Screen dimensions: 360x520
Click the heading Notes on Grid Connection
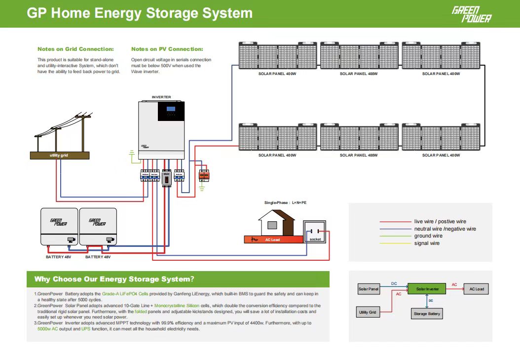pyautogui.click(x=75, y=49)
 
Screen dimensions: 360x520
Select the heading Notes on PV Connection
pyautogui.click(x=167, y=49)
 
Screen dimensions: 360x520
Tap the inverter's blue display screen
pyautogui.click(x=171, y=109)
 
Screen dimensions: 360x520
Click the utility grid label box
pyautogui.click(x=60, y=156)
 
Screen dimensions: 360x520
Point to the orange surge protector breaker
pyautogui.click(x=203, y=175)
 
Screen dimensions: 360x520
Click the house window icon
pyautogui.click(x=272, y=225)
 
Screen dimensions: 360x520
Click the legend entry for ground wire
pyautogui.click(x=428, y=236)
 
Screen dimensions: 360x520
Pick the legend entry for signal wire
pyautogui.click(x=427, y=243)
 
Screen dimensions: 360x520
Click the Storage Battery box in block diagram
pyautogui.click(x=427, y=314)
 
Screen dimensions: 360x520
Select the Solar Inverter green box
pyautogui.click(x=427, y=289)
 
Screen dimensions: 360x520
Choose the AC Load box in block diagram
pyautogui.click(x=476, y=289)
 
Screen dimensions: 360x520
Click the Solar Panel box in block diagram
pyautogui.click(x=369, y=289)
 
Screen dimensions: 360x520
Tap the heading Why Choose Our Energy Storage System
pyautogui.click(x=114, y=280)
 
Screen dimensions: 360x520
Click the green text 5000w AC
pyautogui.click(x=48, y=329)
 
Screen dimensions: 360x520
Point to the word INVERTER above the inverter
pyautogui.click(x=161, y=97)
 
